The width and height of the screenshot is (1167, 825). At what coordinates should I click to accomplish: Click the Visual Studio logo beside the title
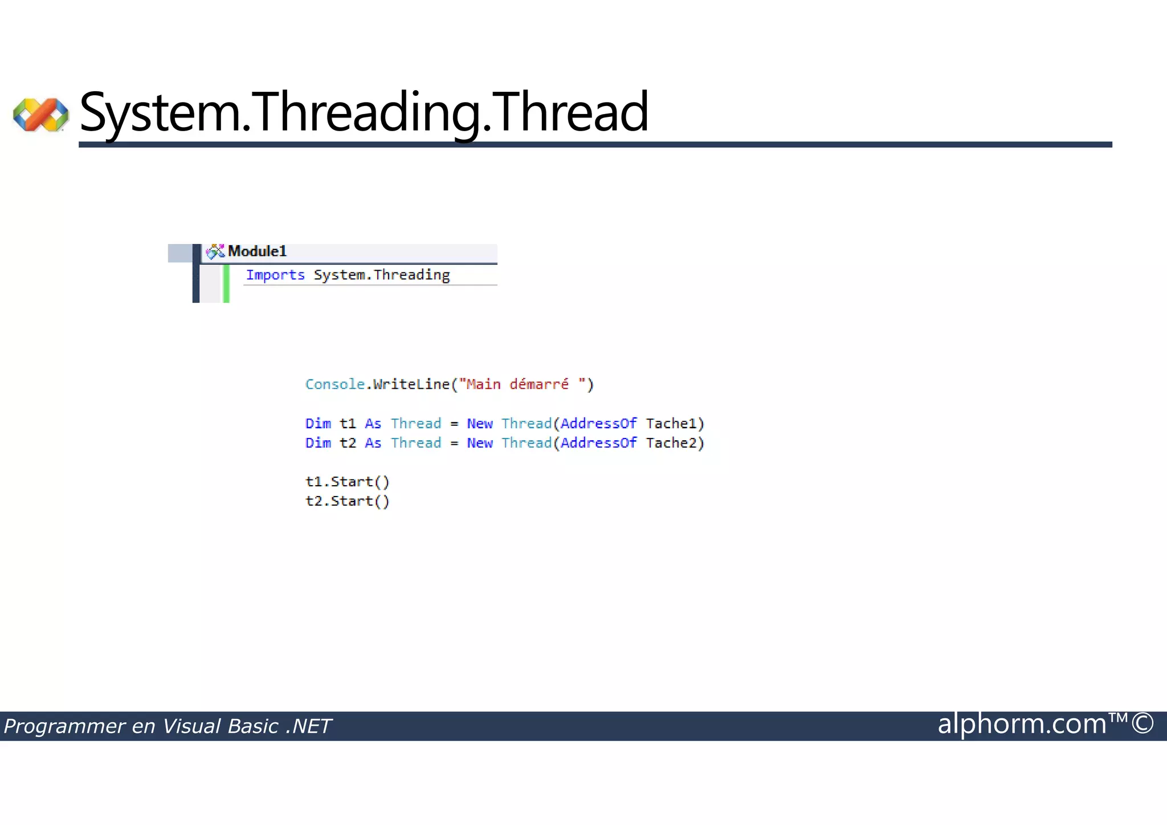[41, 114]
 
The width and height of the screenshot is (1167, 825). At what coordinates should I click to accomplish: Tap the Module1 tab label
[256, 251]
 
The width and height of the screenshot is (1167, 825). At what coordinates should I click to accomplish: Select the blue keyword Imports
[275, 275]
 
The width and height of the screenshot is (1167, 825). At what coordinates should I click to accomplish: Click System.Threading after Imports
[382, 275]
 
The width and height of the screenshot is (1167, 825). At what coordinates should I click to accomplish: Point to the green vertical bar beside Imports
[226, 283]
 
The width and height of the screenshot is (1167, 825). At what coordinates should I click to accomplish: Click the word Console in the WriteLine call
[334, 384]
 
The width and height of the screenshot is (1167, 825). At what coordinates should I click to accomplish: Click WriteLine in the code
[411, 384]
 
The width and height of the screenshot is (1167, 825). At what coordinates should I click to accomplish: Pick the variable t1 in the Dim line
[348, 424]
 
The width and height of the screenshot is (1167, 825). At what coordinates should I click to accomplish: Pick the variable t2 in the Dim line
[348, 443]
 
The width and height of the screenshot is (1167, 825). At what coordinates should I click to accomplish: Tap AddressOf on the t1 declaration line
[598, 424]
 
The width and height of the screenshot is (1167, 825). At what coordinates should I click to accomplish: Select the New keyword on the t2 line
[480, 443]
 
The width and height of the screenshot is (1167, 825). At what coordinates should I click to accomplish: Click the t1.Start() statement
[348, 482]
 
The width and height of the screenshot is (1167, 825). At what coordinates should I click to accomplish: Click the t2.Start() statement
[348, 501]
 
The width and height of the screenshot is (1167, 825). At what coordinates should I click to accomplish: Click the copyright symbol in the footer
[1142, 723]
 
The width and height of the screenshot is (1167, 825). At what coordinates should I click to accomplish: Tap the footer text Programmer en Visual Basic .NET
[167, 726]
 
